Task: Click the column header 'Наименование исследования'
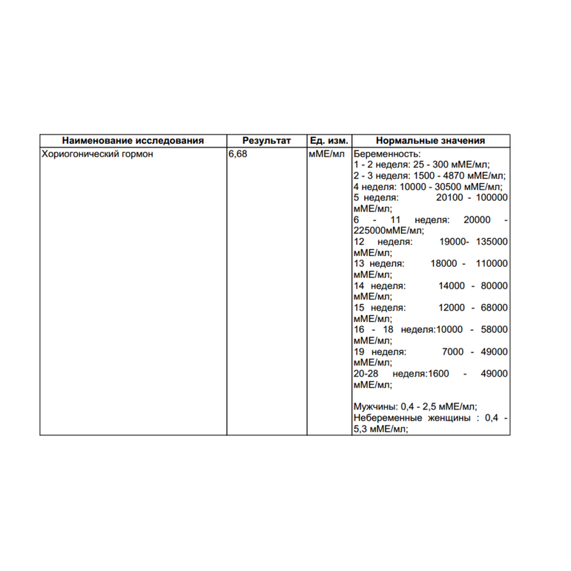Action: (x=133, y=140)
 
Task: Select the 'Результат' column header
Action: (x=266, y=140)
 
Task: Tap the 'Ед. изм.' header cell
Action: (x=329, y=140)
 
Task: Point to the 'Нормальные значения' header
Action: (x=430, y=140)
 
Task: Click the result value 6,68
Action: (x=238, y=154)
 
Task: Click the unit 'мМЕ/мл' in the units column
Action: (x=327, y=154)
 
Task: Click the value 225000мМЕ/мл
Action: (x=393, y=231)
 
